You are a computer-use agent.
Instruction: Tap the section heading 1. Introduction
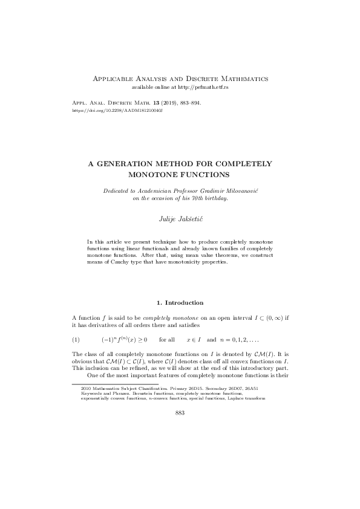[x=180, y=302]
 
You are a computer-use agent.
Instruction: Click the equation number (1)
[x=76, y=340]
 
